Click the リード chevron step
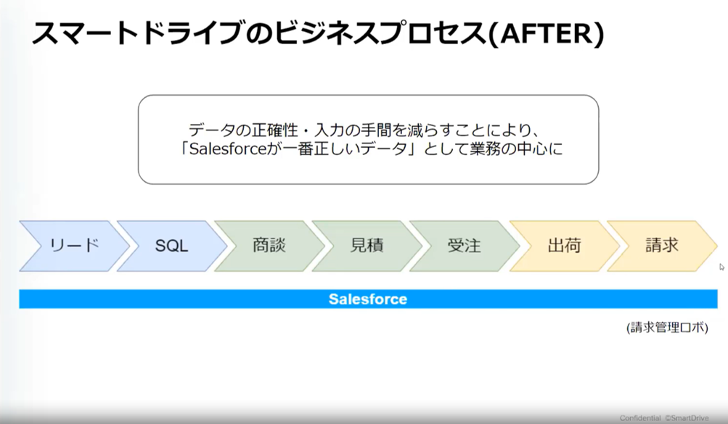pos(73,246)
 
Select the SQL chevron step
pos(171,246)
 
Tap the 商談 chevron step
pos(269,246)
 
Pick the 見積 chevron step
pos(367,246)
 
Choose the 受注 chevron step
pos(464,246)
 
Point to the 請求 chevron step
pos(661,246)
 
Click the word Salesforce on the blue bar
pos(367,299)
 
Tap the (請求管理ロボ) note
pos(667,328)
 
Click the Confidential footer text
pos(639,418)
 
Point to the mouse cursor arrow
pos(721,267)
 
